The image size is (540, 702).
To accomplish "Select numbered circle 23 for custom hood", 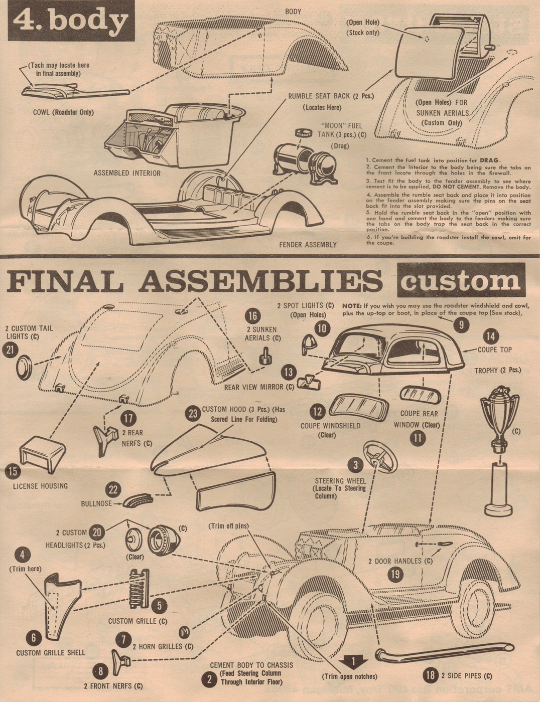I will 193,414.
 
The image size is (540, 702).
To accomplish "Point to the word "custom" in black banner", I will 460,281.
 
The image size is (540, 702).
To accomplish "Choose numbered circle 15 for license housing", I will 13,471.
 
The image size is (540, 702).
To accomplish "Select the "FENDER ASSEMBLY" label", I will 308,245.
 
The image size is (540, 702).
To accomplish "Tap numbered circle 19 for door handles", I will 396,574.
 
